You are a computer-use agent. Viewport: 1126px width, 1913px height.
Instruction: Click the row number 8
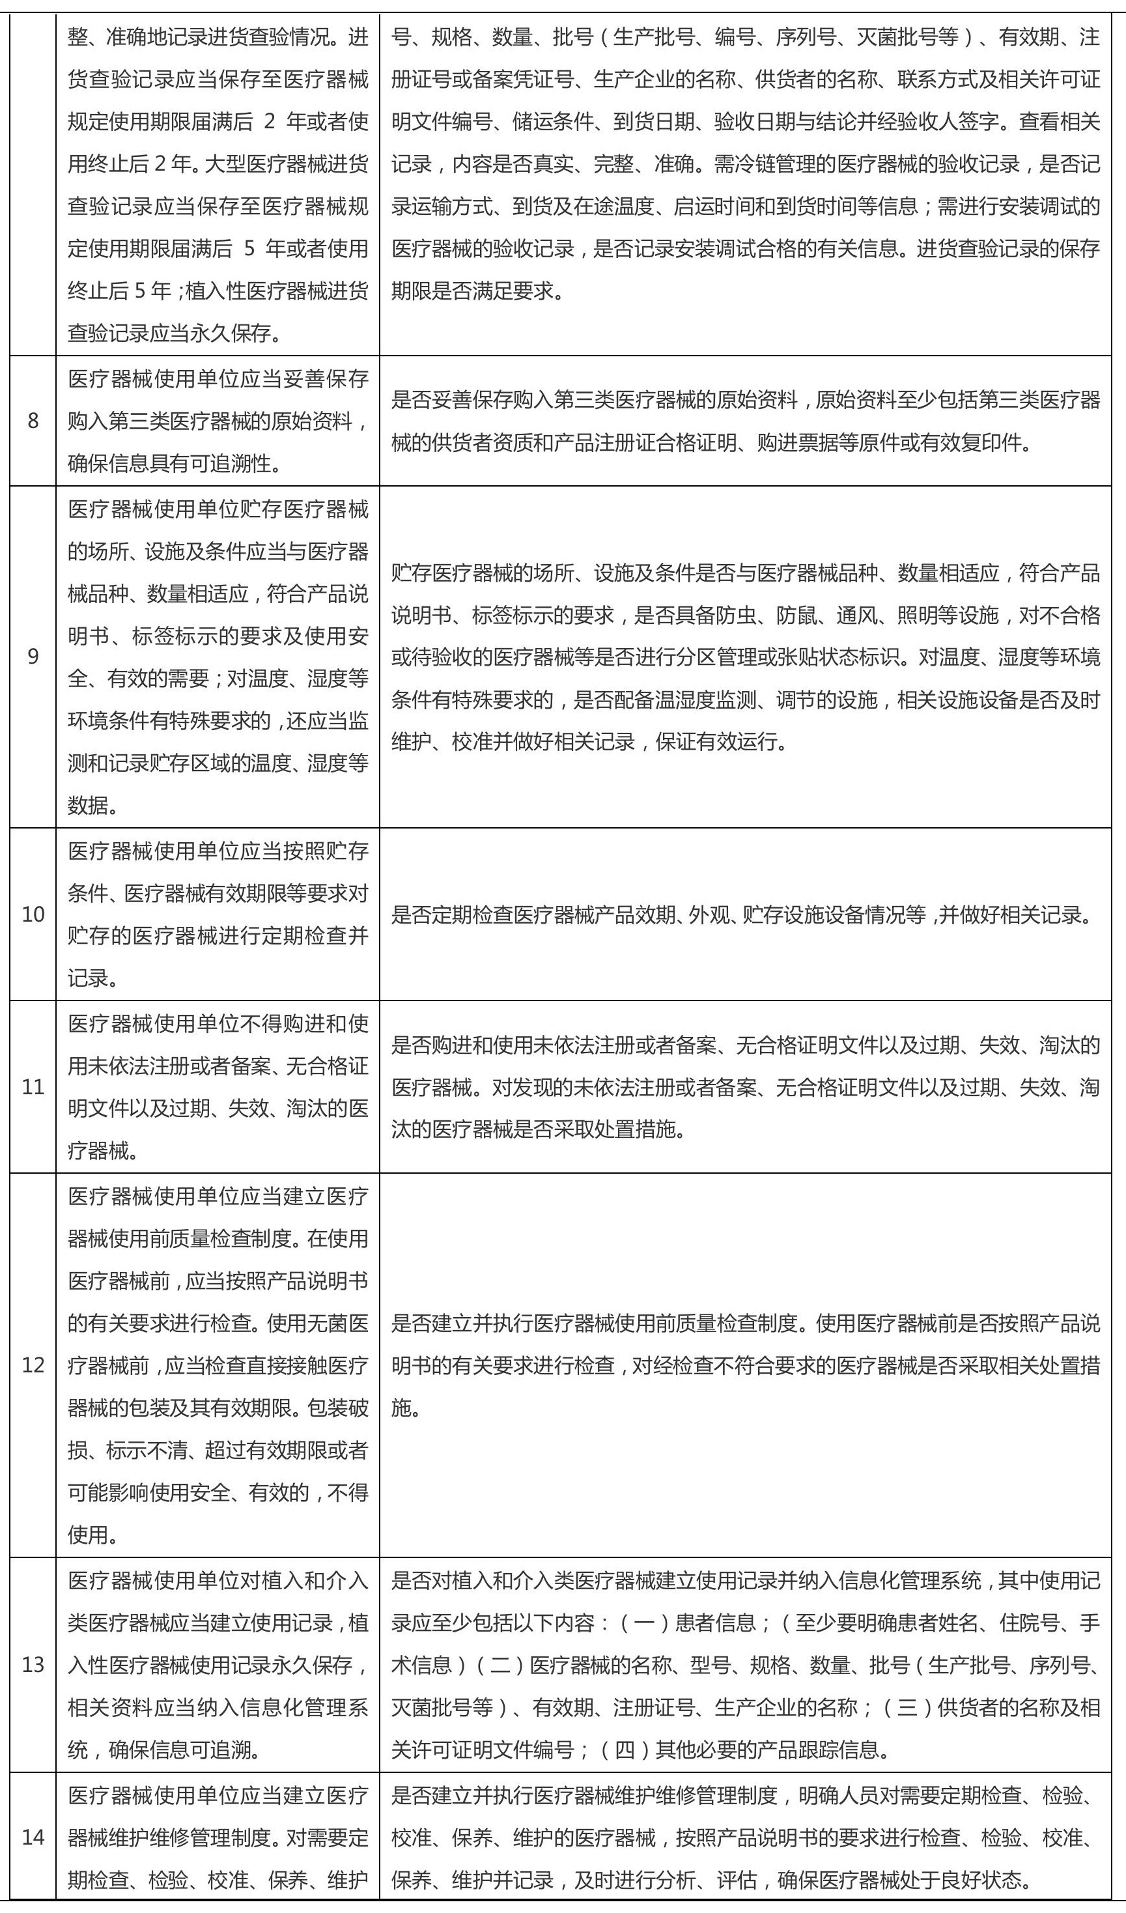(x=33, y=421)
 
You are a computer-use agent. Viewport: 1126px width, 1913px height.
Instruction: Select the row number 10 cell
(x=33, y=914)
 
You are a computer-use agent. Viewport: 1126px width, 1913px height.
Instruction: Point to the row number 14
(x=33, y=1852)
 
